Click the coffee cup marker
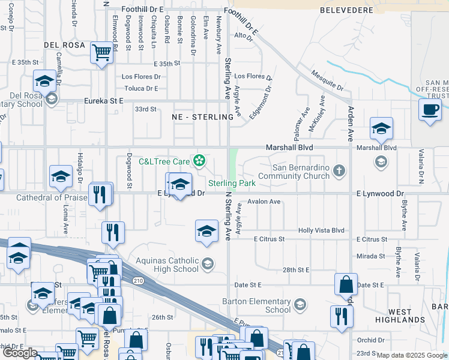(430, 110)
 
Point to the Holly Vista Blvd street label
(322, 230)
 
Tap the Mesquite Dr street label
(327, 80)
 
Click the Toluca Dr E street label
(140, 88)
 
